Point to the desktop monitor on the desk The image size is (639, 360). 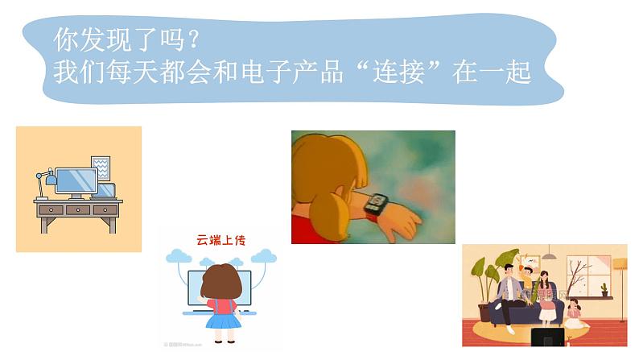point(76,180)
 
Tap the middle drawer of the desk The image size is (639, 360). point(78,209)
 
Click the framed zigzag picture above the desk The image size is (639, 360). point(101,168)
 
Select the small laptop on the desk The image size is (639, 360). point(105,191)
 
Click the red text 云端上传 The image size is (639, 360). point(219,239)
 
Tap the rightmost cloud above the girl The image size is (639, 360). point(263,256)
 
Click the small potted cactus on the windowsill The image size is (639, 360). point(604,289)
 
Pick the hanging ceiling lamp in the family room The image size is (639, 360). point(549,255)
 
